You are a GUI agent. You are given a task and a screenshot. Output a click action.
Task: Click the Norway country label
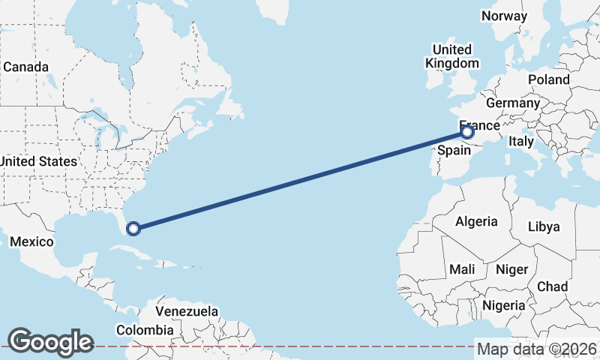(x=504, y=16)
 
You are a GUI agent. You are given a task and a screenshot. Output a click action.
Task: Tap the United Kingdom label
(x=451, y=56)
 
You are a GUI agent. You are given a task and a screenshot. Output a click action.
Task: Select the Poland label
(x=548, y=79)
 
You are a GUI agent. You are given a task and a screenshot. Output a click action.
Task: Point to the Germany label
(x=513, y=103)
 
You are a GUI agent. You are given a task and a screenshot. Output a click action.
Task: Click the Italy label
(x=520, y=141)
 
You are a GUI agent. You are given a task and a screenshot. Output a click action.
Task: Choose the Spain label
(x=454, y=150)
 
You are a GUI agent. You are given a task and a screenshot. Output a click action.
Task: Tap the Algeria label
(x=476, y=221)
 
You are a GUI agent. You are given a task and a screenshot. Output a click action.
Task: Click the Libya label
(x=544, y=226)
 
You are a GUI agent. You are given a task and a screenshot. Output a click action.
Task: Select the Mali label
(x=462, y=268)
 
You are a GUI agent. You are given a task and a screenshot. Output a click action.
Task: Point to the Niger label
(x=512, y=268)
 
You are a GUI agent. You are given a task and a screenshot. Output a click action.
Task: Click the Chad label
(x=552, y=286)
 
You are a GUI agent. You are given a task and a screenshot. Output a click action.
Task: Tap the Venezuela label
(x=187, y=311)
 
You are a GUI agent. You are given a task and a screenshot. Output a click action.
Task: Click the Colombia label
(x=145, y=330)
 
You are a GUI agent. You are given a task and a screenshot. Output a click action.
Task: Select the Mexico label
(x=31, y=241)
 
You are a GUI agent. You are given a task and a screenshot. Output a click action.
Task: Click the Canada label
(x=25, y=67)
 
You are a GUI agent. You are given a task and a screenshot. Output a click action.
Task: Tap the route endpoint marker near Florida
(x=133, y=229)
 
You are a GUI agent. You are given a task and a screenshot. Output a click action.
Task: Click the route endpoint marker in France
(x=467, y=133)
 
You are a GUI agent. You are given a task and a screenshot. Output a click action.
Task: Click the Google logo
(x=50, y=342)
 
